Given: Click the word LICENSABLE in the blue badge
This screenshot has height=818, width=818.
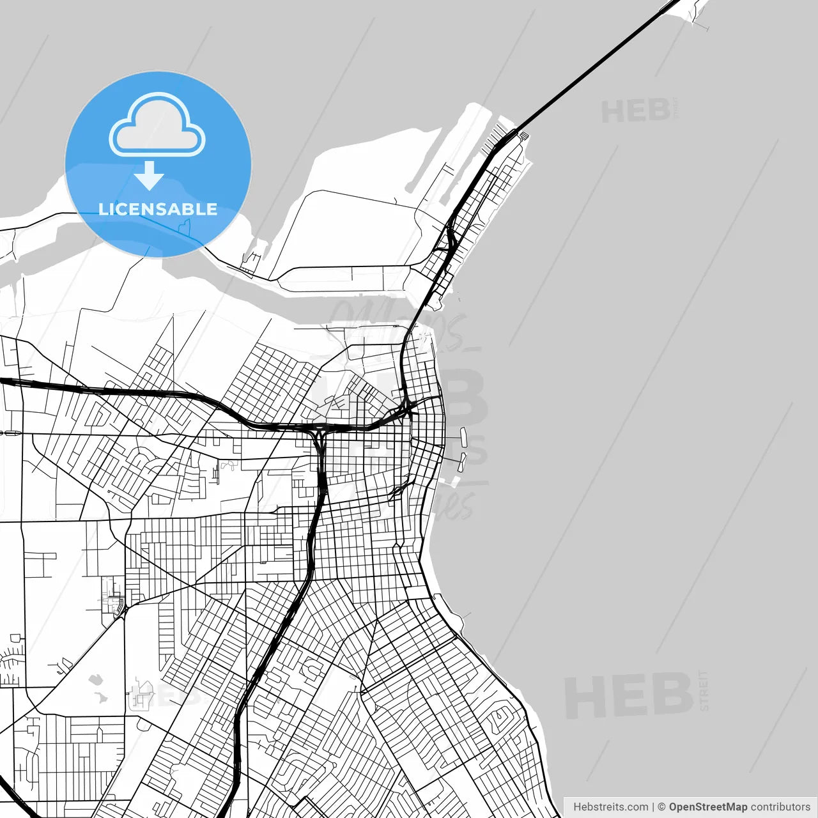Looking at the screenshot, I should [158, 209].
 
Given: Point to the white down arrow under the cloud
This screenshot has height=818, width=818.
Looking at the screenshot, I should [149, 176].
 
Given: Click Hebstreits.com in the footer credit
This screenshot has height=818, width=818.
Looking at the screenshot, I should [610, 807].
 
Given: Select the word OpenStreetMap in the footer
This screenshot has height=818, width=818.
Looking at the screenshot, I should [707, 807].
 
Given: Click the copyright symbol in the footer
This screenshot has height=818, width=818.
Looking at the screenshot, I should [661, 807].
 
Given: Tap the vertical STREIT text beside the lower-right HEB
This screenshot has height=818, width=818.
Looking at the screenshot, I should [704, 691].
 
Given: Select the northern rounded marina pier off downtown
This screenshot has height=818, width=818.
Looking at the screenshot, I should [464, 437].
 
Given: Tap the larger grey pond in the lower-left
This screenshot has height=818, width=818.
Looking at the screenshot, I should [96, 681].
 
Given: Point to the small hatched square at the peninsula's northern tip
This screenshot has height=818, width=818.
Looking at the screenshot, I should [524, 135].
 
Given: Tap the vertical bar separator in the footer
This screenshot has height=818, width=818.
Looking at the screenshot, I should [652, 807].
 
